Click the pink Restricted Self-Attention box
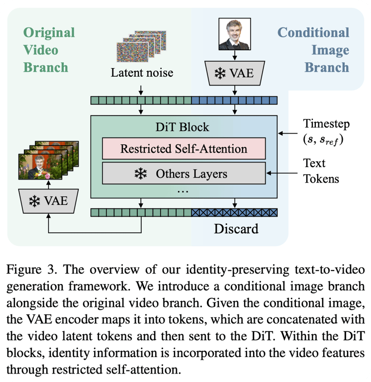(184, 148)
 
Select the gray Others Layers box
(184, 174)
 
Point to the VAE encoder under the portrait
(234, 74)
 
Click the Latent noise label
(142, 73)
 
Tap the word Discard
(236, 229)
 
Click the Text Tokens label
(321, 170)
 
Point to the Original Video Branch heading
(49, 50)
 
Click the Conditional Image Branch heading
(313, 50)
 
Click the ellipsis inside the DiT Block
(183, 191)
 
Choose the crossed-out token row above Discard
(234, 212)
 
